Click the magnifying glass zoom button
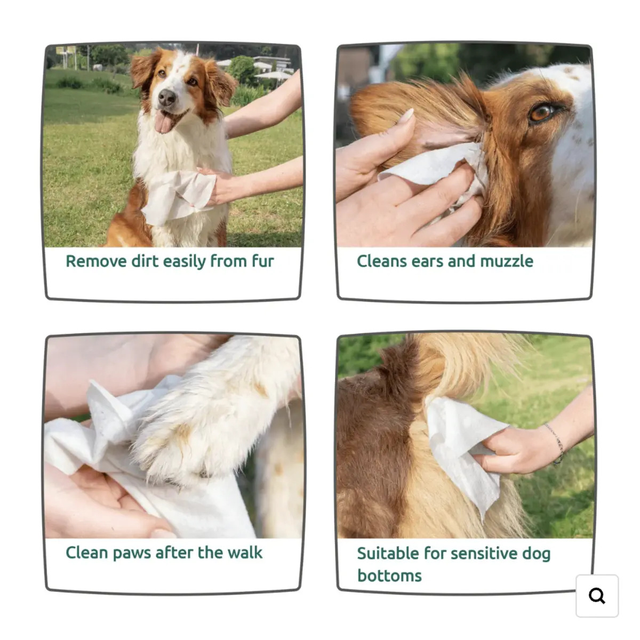(597, 596)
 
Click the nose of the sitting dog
(167, 97)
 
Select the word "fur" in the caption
(263, 260)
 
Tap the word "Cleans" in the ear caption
(381, 261)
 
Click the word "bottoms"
(389, 576)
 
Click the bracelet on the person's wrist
(556, 443)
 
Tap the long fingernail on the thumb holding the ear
(406, 116)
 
